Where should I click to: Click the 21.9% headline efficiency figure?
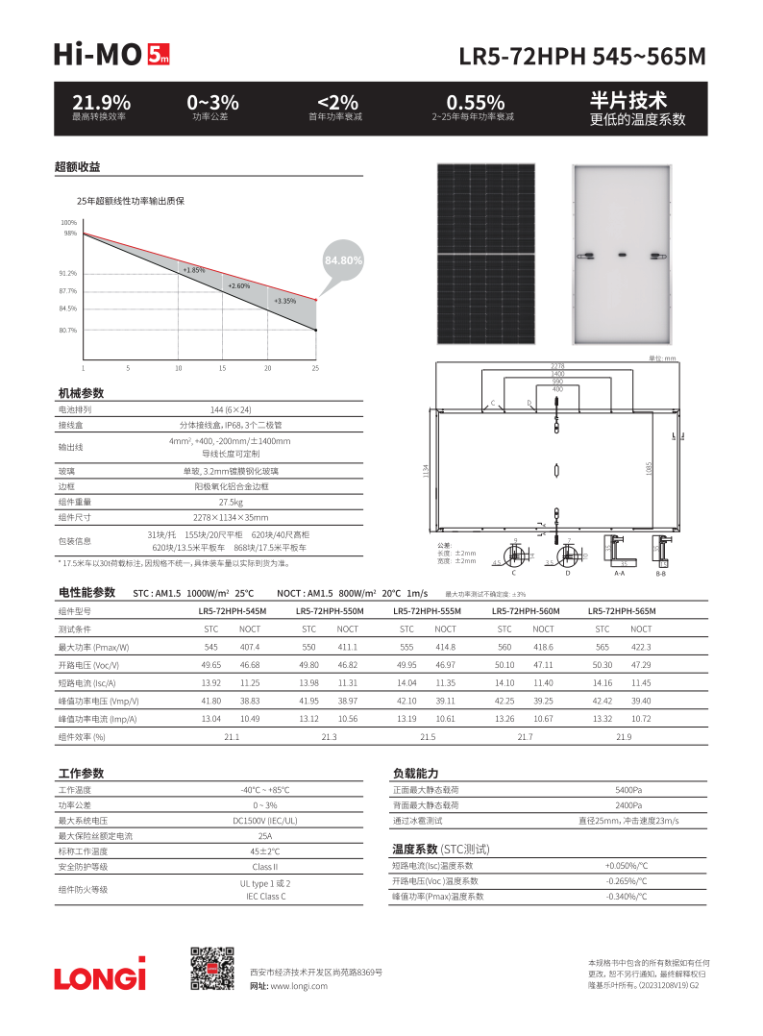point(101,102)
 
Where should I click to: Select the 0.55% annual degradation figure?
point(475,102)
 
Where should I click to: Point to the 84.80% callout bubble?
point(343,260)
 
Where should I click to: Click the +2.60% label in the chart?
point(238,285)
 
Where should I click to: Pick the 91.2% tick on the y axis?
point(67,273)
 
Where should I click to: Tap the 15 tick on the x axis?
point(222,368)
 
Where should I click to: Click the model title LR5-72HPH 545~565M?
point(583,56)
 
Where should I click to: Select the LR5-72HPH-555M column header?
point(426,611)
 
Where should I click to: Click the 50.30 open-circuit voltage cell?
point(603,665)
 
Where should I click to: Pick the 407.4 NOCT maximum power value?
point(250,647)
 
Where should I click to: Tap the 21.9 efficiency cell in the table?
point(624,736)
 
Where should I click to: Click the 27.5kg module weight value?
point(231,502)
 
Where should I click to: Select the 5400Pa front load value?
point(629,790)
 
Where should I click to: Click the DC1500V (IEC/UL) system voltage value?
point(265,821)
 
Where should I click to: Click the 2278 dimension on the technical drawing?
point(557,366)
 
